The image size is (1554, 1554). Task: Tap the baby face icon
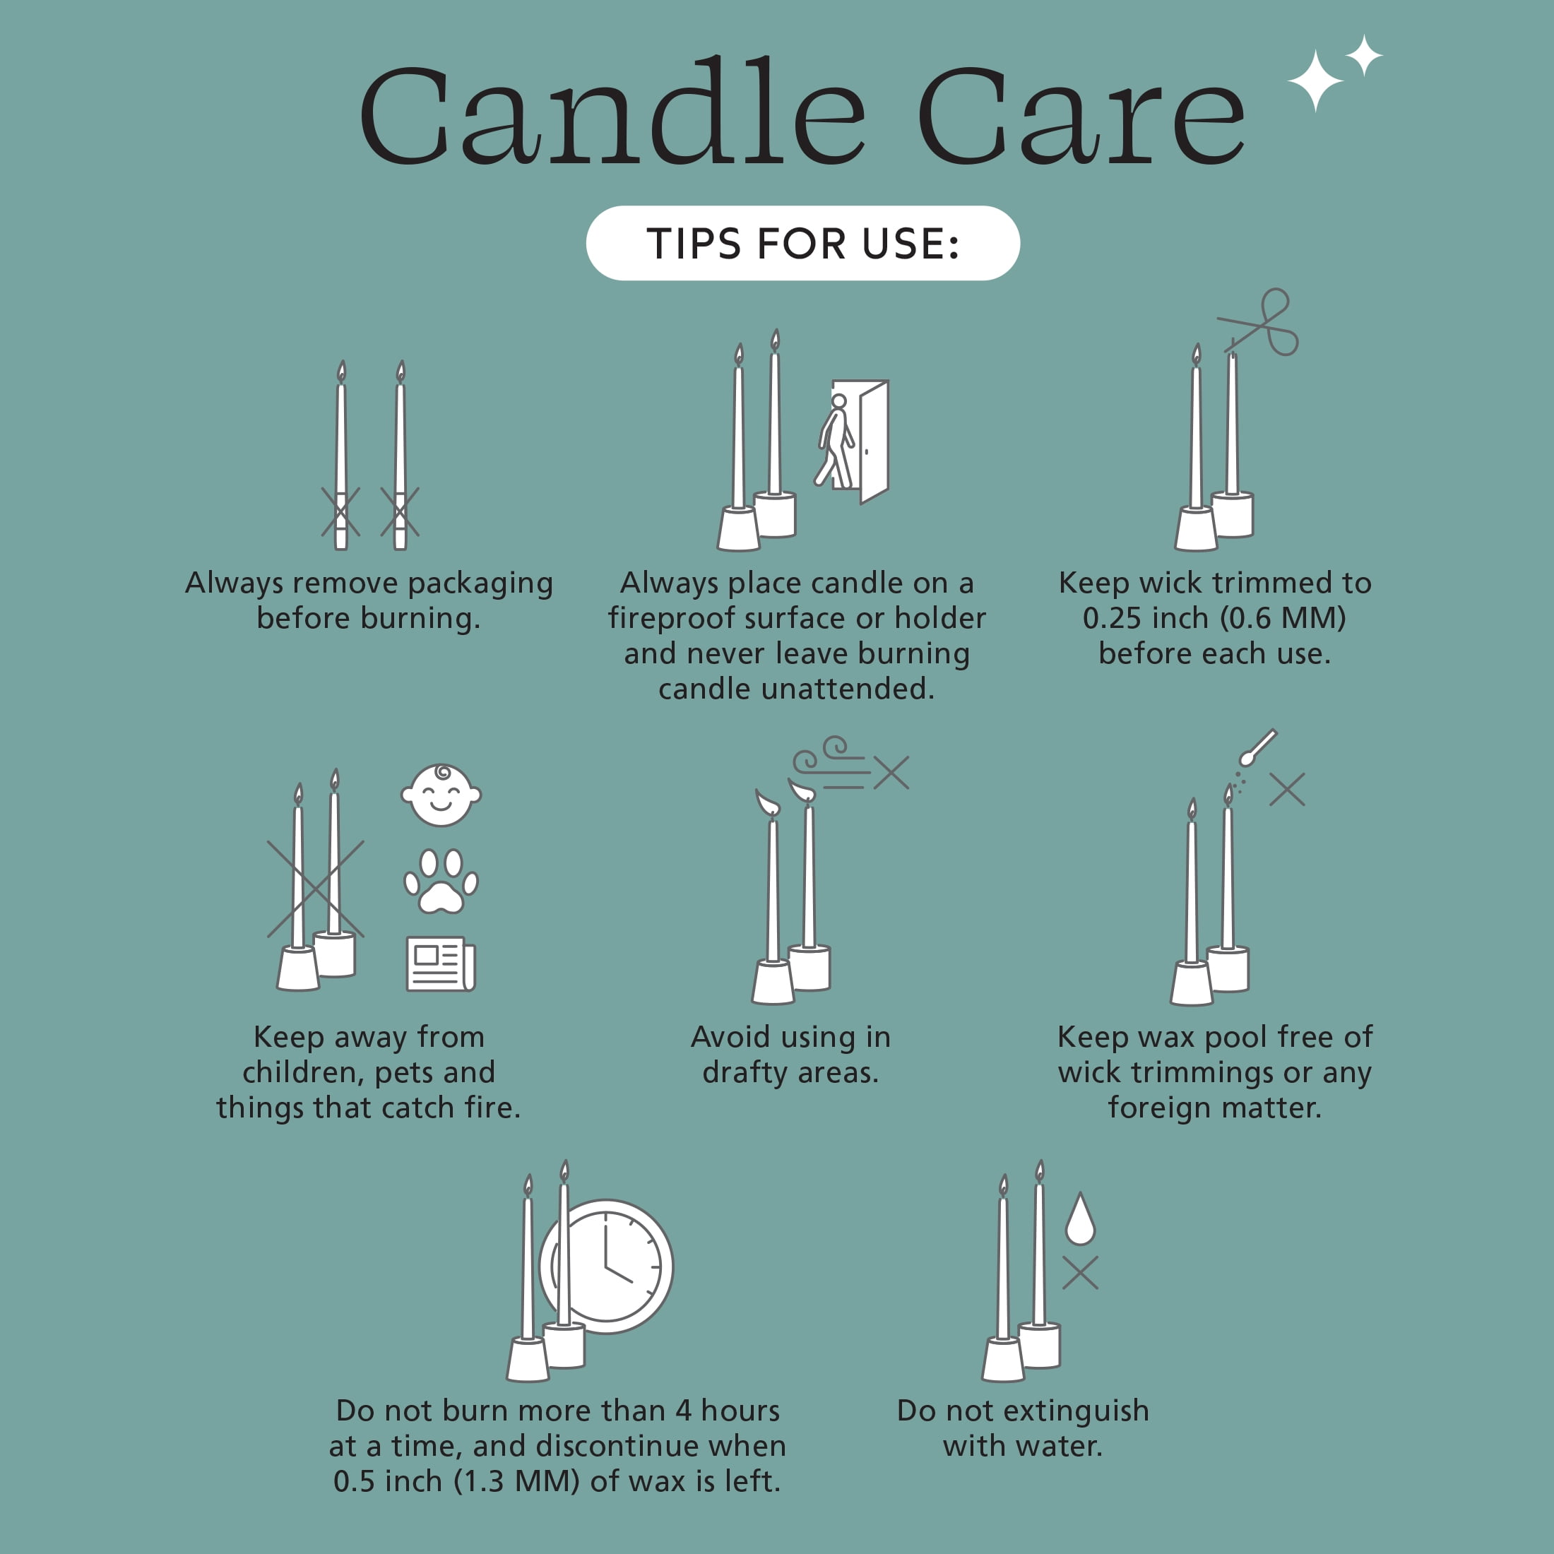click(441, 795)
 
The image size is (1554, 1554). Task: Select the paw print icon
click(441, 882)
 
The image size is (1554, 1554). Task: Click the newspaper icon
click(441, 963)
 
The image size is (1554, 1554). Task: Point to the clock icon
click(607, 1267)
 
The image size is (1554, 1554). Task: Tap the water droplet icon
click(1079, 1218)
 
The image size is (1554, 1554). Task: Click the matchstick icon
click(1257, 747)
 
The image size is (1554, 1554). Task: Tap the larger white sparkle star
click(1315, 81)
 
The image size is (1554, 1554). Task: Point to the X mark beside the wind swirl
click(891, 773)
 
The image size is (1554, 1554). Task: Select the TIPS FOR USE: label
click(802, 244)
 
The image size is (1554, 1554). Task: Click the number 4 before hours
click(684, 1411)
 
